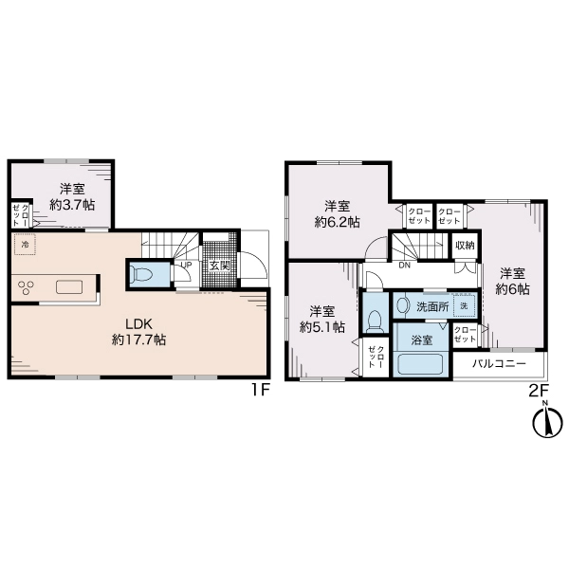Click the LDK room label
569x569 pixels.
coord(138,323)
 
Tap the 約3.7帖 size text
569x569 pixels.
coord(72,205)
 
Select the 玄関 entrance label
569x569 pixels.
coord(221,266)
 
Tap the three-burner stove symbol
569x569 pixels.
coord(27,287)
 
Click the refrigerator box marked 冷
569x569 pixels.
coord(25,245)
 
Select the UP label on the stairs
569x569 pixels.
coord(186,265)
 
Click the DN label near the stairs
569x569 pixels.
coord(405,266)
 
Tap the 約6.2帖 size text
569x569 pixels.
coord(337,221)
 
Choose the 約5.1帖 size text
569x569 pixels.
coord(322,327)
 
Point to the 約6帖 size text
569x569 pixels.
coord(512,288)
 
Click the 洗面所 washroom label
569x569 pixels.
coord(432,307)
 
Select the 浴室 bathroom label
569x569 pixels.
coord(422,340)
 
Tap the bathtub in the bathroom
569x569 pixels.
coord(421,364)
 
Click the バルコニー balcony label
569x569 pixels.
coord(499,363)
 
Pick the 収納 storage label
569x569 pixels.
coord(465,246)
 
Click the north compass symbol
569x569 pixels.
coord(547,421)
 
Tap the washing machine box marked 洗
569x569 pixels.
coord(464,306)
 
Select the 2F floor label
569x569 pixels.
coord(539,391)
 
